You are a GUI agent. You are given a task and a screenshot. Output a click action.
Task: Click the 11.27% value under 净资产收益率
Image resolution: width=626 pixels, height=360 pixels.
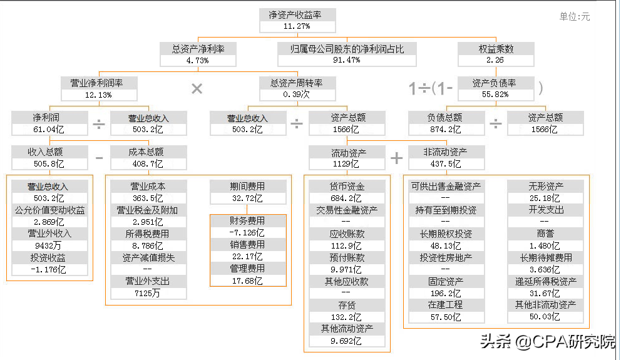297,26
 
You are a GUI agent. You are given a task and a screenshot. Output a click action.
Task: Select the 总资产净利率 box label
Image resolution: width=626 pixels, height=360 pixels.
198,48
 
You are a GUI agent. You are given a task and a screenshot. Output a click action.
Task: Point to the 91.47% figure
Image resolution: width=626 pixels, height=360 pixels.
346,60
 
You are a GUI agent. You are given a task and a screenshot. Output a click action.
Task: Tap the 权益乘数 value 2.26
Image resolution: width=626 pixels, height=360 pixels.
495,60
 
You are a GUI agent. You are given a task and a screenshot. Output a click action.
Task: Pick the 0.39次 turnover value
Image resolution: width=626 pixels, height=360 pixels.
297,95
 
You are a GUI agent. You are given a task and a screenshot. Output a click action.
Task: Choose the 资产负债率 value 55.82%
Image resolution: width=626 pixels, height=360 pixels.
495,95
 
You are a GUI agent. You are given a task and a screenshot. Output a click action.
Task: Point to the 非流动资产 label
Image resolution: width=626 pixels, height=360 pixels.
446,152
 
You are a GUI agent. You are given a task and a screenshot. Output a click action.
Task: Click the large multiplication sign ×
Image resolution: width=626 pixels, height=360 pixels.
197,89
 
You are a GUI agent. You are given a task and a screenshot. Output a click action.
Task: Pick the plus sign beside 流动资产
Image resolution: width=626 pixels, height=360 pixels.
396,158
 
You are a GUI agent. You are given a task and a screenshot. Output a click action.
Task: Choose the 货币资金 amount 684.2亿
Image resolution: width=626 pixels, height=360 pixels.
347,198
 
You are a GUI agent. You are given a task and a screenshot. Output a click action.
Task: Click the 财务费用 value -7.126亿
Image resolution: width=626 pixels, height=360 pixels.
248,233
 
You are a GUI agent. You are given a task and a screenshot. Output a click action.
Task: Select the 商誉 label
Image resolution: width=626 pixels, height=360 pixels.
545,234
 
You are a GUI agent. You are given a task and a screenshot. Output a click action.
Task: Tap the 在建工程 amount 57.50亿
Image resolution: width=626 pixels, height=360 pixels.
445,317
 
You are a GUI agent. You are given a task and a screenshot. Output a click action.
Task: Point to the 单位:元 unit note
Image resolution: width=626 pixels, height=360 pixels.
574,17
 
